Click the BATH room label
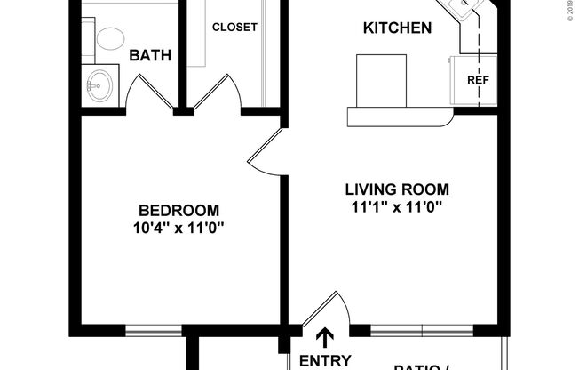[150, 55]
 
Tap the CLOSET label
[234, 27]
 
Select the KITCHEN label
[397, 28]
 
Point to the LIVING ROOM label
[397, 189]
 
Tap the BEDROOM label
[178, 210]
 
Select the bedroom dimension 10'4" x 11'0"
[178, 227]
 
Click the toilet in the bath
[111, 37]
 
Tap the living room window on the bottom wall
[423, 332]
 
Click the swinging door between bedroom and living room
[266, 151]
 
